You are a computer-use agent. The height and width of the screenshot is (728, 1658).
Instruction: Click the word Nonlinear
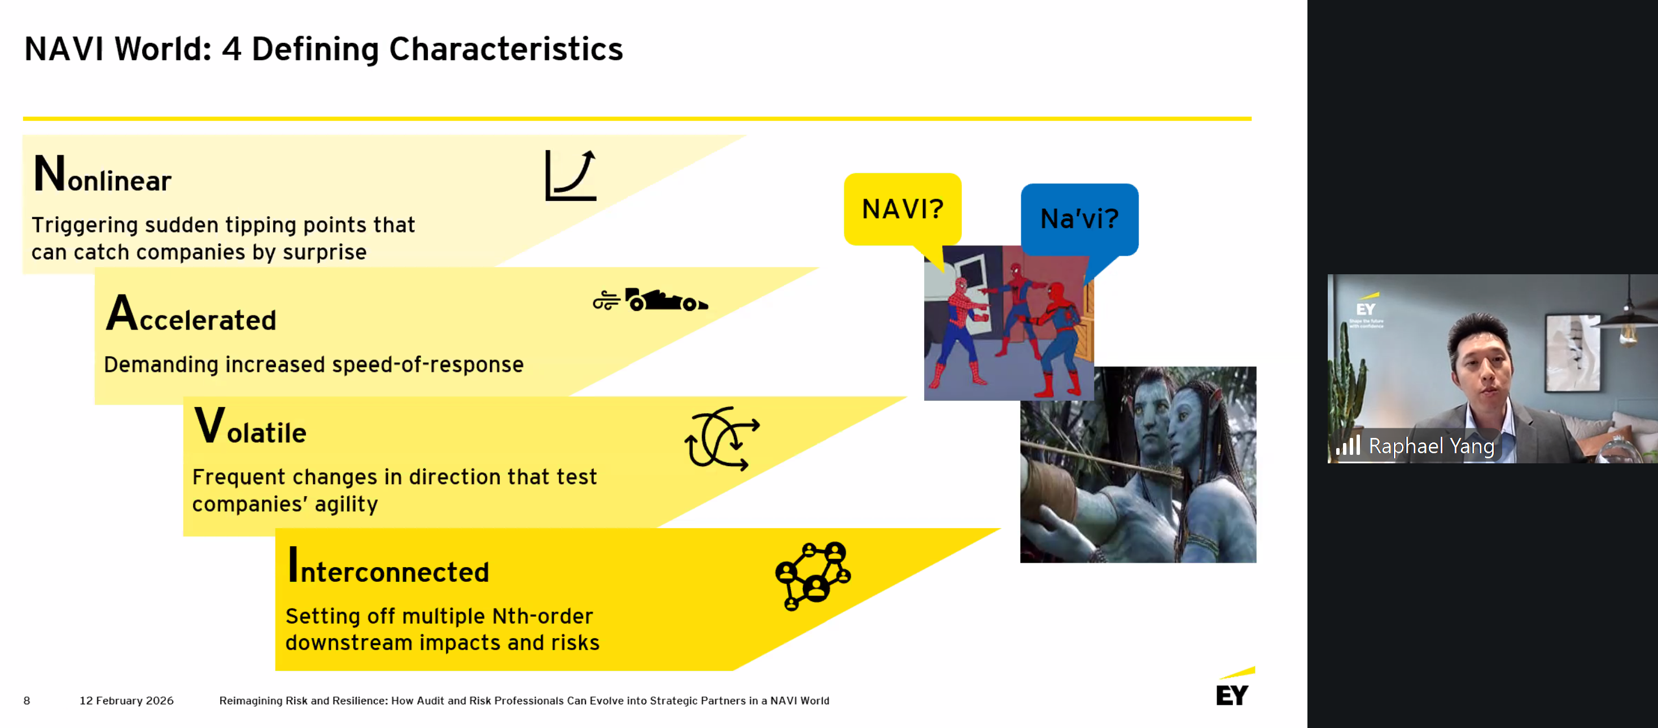point(102,174)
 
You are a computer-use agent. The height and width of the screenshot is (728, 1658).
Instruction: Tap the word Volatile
point(251,426)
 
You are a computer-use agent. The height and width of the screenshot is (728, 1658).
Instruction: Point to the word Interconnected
point(388,565)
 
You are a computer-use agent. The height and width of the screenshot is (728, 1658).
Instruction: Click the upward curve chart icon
point(571,175)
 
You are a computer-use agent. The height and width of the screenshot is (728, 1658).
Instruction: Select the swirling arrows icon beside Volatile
point(721,438)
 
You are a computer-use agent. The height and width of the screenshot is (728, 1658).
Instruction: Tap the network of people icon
point(813,576)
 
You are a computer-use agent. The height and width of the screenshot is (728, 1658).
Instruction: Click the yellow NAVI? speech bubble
point(902,210)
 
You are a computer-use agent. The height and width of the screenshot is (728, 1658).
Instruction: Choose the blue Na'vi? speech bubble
point(1079,220)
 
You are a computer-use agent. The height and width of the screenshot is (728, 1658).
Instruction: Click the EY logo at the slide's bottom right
point(1234,687)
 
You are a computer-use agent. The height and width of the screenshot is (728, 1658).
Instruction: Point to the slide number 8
point(27,700)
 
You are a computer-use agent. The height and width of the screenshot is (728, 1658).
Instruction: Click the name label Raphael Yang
point(1432,445)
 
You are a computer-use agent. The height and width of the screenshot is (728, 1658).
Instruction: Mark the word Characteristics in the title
point(506,50)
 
